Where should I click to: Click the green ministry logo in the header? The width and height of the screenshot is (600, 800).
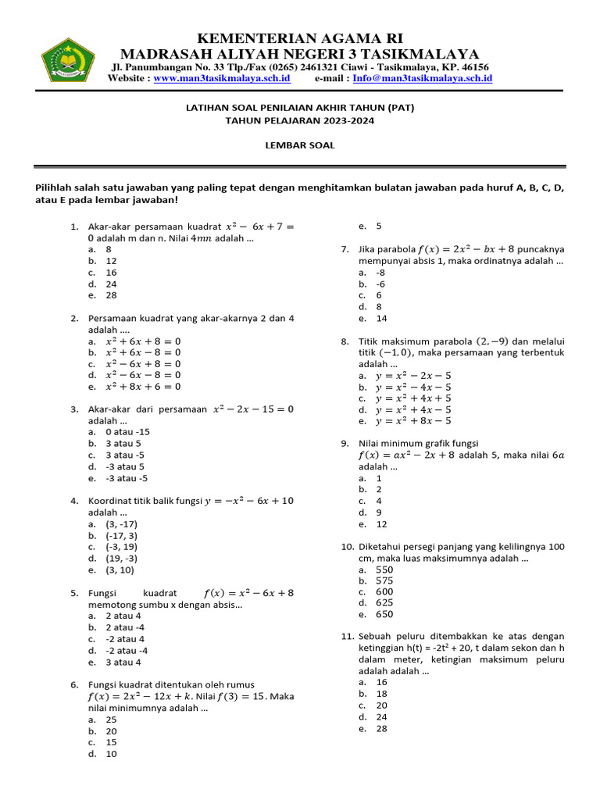click(68, 59)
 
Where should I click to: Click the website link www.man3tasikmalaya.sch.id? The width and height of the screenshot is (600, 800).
click(222, 79)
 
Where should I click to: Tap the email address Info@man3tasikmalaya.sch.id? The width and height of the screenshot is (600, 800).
click(422, 79)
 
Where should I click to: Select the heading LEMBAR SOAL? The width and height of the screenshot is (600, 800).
click(300, 145)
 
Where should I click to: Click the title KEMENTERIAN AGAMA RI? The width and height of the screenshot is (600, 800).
click(300, 39)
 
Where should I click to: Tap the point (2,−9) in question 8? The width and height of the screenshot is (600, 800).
click(488, 341)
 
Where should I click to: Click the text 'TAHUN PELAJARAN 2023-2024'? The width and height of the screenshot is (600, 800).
click(300, 121)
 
